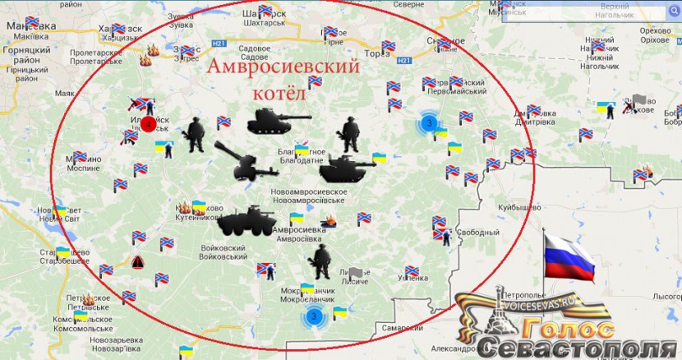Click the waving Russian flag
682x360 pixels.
[x=569, y=254]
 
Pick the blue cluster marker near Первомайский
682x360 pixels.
[x=427, y=122]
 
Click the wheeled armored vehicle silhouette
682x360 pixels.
[x=241, y=222]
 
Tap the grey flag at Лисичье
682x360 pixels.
[x=355, y=273]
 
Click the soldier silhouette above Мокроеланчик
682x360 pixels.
[x=320, y=261]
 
